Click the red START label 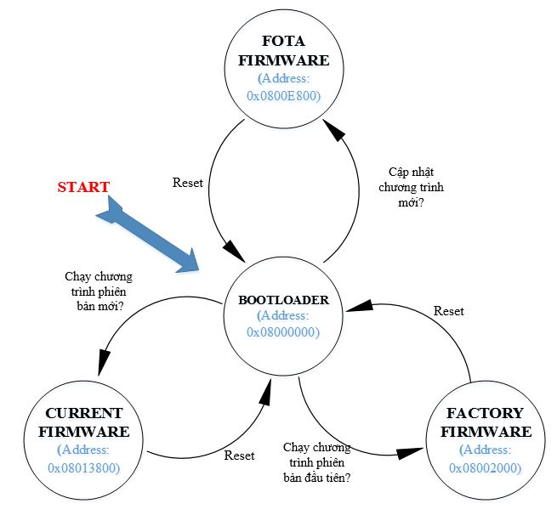[x=83, y=187]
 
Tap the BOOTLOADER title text [x=282, y=299]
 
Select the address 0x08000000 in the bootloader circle [x=283, y=332]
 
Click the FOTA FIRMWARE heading [x=282, y=51]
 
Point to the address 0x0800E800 [x=283, y=96]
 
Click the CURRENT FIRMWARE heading [x=83, y=422]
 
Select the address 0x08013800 [x=83, y=467]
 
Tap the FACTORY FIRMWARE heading [x=485, y=422]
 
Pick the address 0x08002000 [x=485, y=467]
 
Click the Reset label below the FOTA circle [x=187, y=183]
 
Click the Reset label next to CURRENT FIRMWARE [x=239, y=455]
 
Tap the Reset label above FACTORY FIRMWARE [x=448, y=311]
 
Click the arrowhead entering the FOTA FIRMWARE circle [x=334, y=129]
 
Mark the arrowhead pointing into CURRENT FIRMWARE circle [x=102, y=365]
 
